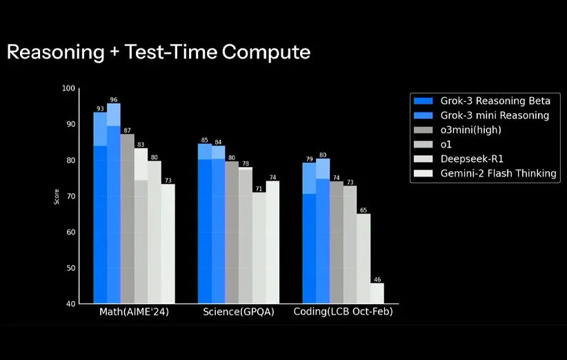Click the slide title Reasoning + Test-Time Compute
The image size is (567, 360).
158,52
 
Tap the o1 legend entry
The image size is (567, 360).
447,144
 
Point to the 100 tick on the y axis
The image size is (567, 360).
68,88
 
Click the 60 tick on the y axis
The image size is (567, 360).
70,232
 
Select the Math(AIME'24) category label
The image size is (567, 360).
134,312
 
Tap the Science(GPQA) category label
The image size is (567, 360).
239,312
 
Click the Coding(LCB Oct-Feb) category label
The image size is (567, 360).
343,312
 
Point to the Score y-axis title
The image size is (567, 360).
57,196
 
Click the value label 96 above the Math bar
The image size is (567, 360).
114,99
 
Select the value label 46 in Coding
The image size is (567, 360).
377,279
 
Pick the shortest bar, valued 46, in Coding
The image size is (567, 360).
377,293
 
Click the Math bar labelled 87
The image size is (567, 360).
128,218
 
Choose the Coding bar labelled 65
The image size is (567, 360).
364,258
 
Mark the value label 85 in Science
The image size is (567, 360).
204,140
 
